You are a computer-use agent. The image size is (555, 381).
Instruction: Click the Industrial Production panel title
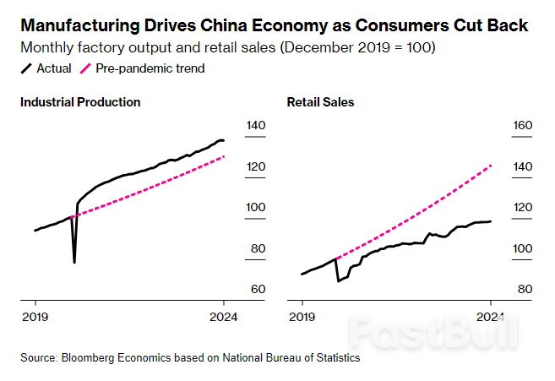(80, 102)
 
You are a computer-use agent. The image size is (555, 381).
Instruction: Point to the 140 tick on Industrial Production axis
(255, 126)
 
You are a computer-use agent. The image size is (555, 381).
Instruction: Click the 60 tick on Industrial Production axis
(255, 290)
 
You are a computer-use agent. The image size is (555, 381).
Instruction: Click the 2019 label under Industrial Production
(35, 317)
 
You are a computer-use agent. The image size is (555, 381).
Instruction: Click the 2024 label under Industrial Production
(223, 317)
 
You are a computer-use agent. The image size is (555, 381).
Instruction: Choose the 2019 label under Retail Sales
(302, 317)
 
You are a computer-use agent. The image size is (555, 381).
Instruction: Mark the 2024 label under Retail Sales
(490, 317)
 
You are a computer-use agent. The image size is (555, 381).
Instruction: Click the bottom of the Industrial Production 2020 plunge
(74, 262)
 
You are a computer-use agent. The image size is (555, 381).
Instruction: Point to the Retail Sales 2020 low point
(338, 280)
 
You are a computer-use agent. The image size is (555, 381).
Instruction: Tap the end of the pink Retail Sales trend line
(491, 166)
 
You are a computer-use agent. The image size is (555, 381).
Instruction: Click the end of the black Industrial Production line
(224, 140)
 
